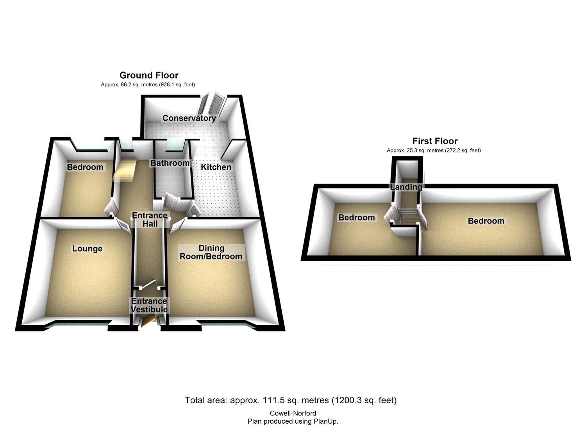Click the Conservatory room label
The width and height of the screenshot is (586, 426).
click(189, 118)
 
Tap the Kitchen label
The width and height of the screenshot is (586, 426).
click(216, 167)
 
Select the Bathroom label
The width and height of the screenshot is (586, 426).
click(170, 163)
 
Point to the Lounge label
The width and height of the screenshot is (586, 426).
click(87, 249)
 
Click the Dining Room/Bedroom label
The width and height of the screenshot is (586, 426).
click(211, 252)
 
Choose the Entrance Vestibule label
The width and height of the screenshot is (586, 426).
click(149, 305)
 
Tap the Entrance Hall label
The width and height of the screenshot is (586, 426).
click(150, 219)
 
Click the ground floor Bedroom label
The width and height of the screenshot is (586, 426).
click(85, 167)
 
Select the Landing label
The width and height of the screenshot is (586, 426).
click(406, 187)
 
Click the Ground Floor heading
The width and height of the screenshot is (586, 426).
click(149, 75)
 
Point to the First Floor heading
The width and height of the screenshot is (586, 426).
click(435, 141)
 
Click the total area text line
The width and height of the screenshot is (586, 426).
click(291, 400)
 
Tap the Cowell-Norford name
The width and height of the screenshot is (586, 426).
click(293, 413)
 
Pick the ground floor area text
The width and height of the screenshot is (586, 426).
click(148, 84)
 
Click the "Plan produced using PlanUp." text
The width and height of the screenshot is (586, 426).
click(293, 421)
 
